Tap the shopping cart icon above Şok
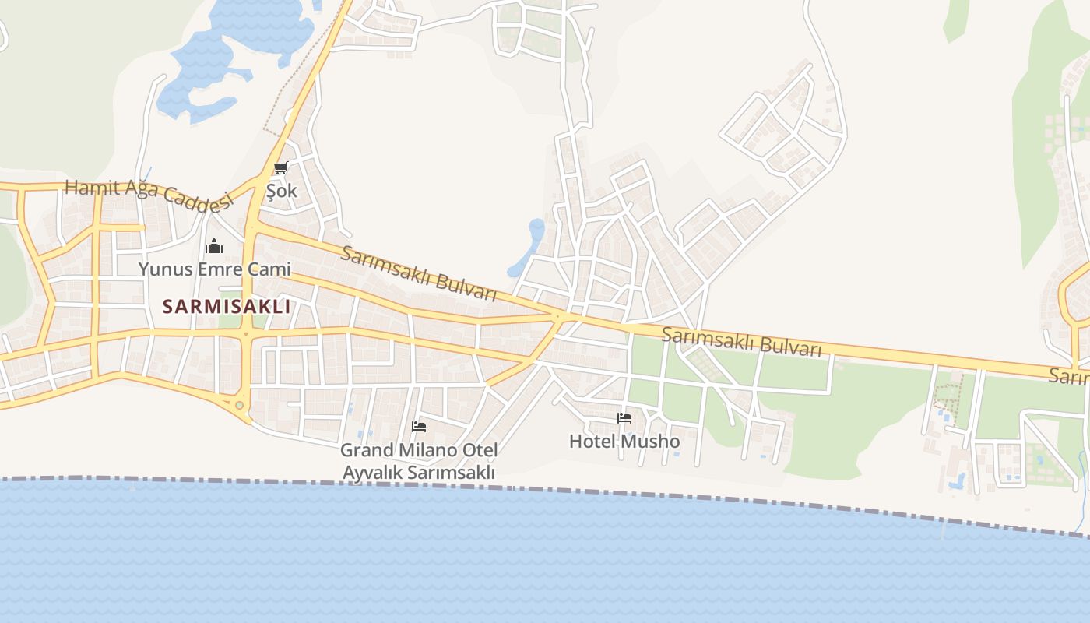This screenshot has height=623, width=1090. tap(280, 168)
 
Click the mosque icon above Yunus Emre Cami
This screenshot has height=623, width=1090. tap(214, 248)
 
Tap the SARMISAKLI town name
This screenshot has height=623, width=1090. tap(227, 307)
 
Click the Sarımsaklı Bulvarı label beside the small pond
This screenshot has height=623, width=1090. tap(418, 273)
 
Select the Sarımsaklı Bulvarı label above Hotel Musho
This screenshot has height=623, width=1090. tap(741, 342)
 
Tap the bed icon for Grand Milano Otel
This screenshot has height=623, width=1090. tap(419, 427)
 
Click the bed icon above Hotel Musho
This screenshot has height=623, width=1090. tap(624, 418)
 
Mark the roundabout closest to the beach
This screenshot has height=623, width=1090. tap(239, 405)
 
